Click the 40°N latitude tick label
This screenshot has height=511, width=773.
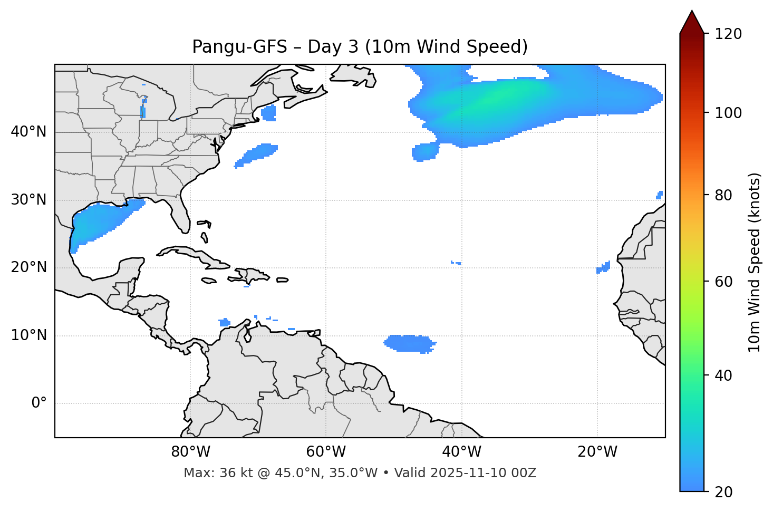[28, 132]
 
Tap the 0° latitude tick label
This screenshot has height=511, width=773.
[38, 403]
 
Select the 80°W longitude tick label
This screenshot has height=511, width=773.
[190, 452]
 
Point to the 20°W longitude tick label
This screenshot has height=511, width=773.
[597, 452]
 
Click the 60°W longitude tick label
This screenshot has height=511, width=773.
[326, 452]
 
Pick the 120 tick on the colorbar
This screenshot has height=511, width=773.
[728, 34]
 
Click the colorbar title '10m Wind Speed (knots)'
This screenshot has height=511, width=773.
[755, 263]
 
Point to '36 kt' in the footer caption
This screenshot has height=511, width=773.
[231, 473]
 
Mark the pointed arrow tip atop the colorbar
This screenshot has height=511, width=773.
[692, 12]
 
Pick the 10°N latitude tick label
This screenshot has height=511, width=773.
[28, 335]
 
